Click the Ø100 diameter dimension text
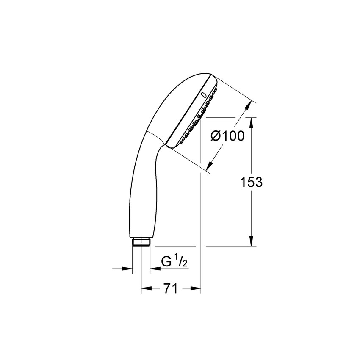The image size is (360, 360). [x=227, y=136]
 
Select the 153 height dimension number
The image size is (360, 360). [x=252, y=182]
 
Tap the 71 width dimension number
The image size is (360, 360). [x=170, y=289]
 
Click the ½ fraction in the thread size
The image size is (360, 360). [x=182, y=262]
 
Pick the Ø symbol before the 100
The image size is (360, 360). [x=216, y=136]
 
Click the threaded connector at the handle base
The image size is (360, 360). [x=141, y=242]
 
